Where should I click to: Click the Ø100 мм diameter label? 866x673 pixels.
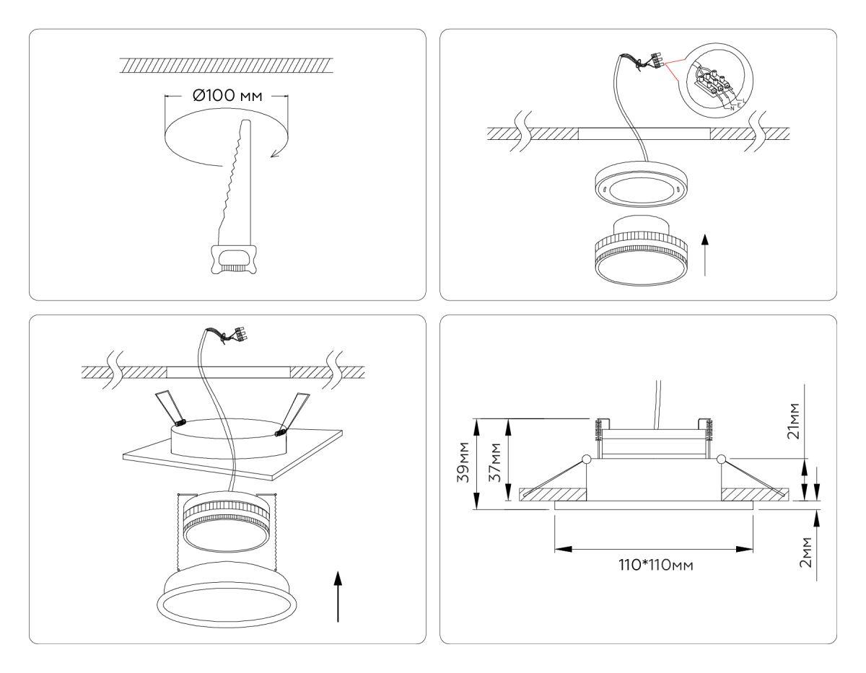tap(226, 97)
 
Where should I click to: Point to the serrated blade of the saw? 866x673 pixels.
tap(232, 180)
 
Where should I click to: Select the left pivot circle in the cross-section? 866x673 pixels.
tap(586, 459)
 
